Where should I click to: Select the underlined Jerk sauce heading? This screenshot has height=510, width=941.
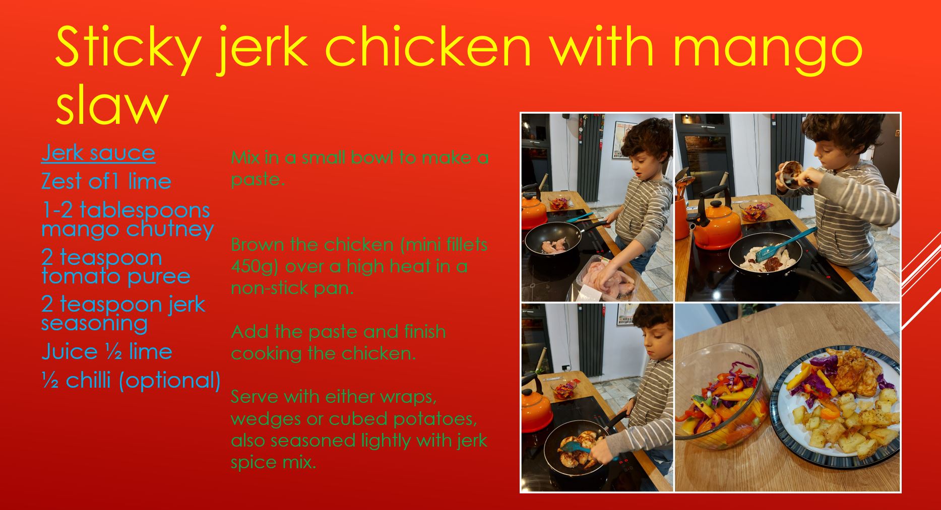(98, 153)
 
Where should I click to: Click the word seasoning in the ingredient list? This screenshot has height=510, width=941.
(95, 324)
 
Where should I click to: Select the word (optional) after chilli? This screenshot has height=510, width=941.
(170, 381)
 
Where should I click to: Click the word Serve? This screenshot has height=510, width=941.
(254, 397)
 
